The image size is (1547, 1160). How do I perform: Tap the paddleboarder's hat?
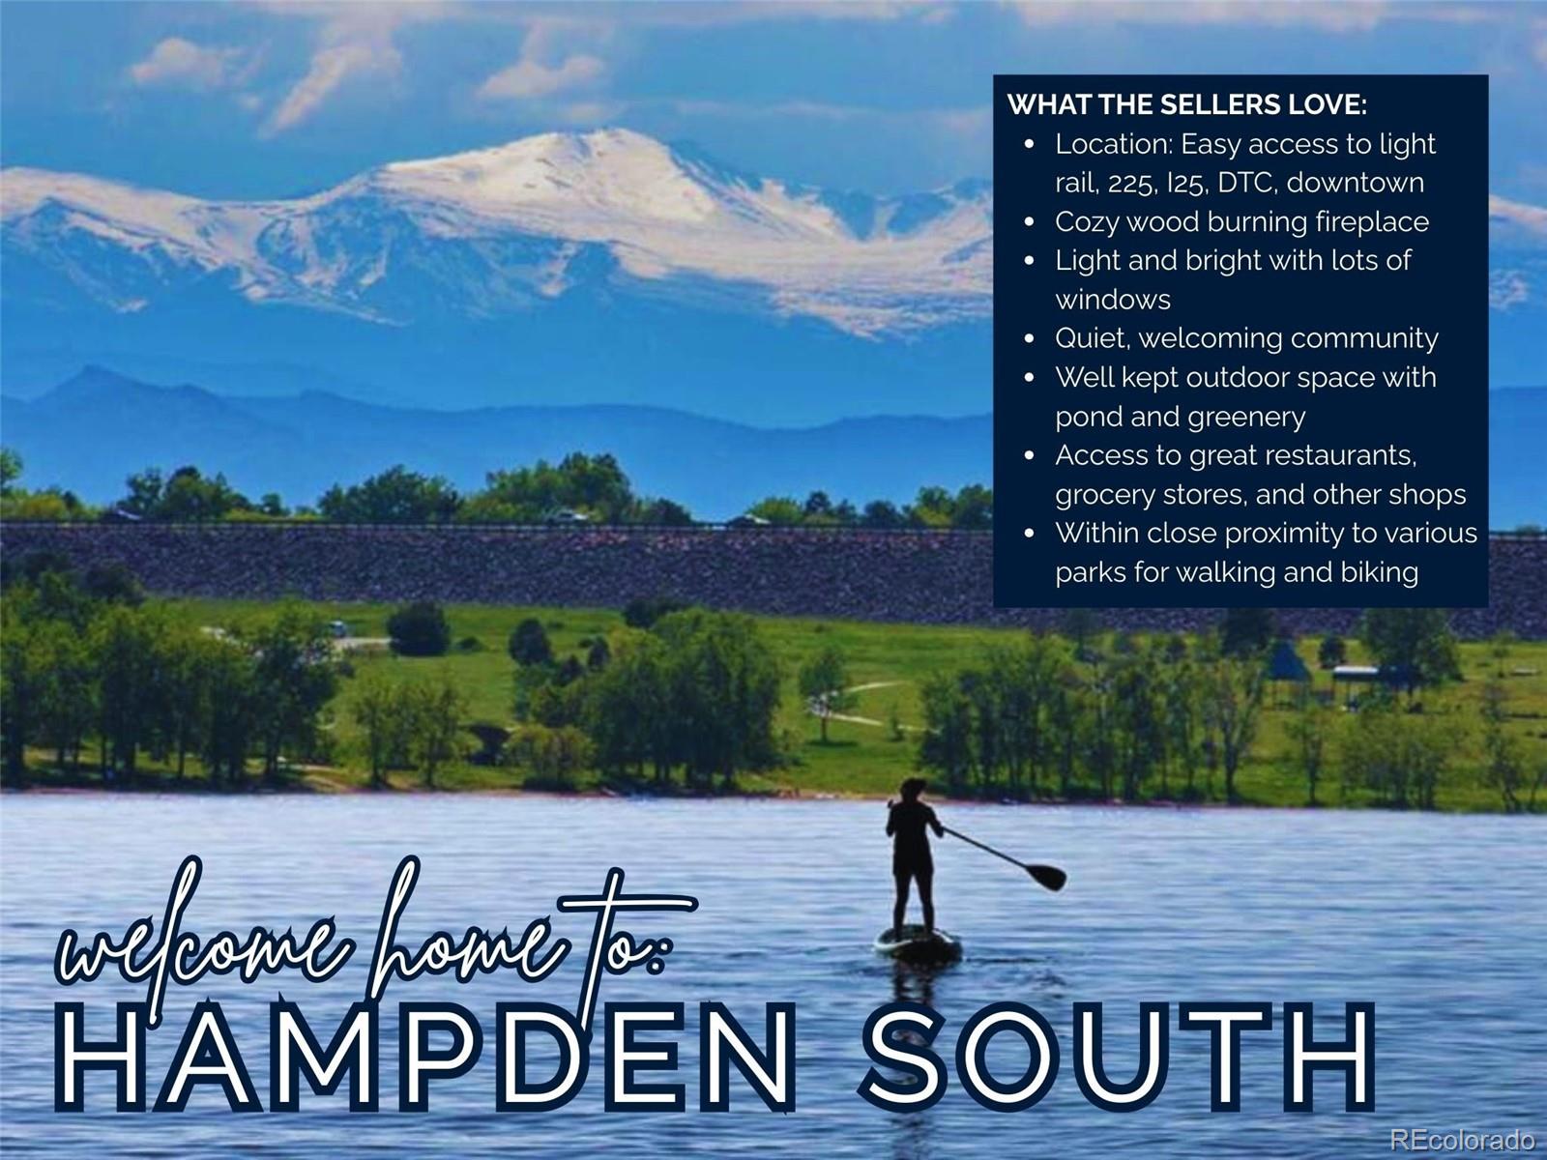point(913,787)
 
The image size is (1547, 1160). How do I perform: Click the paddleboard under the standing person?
point(918,942)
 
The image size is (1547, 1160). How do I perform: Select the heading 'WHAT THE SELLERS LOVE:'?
point(1187,104)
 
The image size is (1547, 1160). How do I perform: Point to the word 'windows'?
point(1113,300)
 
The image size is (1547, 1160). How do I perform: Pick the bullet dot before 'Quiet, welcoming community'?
point(1029,339)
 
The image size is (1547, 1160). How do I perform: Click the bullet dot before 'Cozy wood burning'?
point(1029,222)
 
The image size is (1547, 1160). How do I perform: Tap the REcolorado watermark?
point(1462,1139)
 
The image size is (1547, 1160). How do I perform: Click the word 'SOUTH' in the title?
point(1118,1057)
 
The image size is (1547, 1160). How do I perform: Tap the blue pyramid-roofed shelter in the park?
point(1288,663)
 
